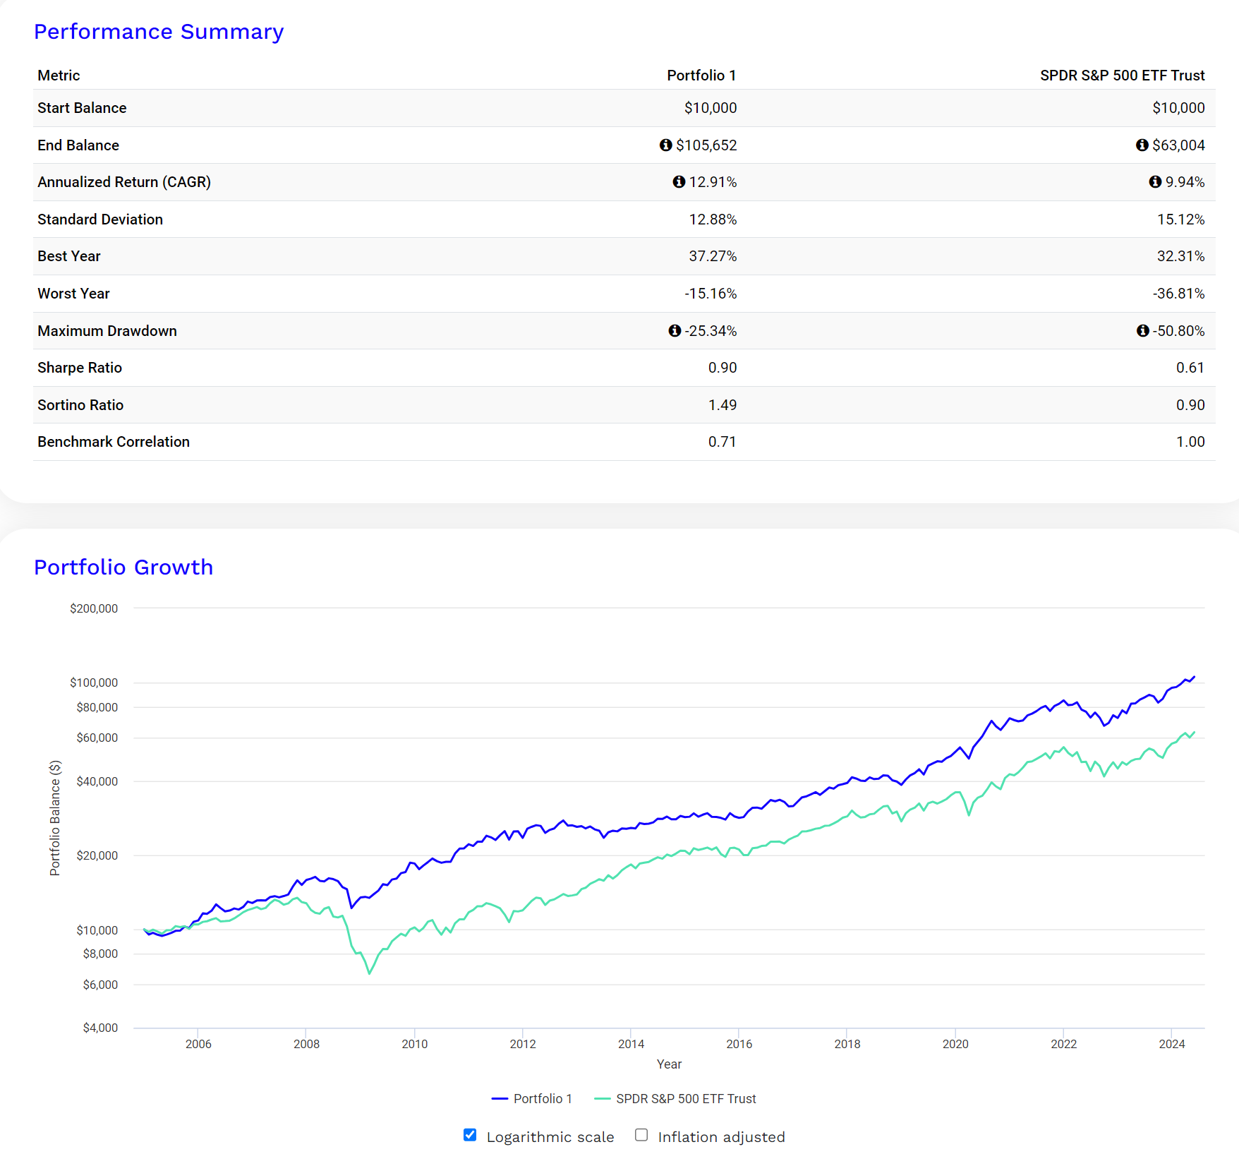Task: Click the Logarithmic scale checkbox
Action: [x=470, y=1135]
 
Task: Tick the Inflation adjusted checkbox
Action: [x=641, y=1135]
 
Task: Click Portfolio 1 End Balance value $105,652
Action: [x=706, y=145]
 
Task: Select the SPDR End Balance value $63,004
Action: [x=1178, y=145]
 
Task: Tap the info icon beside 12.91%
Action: [x=679, y=182]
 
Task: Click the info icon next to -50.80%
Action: [x=1142, y=331]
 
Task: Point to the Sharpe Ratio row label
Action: [x=80, y=368]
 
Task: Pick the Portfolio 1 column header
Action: [x=701, y=76]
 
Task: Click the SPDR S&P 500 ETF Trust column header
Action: [x=1122, y=76]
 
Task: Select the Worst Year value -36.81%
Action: [x=1178, y=294]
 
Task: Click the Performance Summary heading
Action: [x=159, y=32]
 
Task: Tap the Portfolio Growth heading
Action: [x=123, y=567]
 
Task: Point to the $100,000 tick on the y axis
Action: [x=94, y=683]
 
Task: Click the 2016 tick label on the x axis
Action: [x=739, y=1044]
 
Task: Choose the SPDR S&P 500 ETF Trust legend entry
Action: [x=685, y=1099]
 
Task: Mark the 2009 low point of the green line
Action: [x=369, y=974]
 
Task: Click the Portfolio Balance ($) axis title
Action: [x=55, y=818]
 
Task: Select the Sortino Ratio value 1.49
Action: [x=722, y=405]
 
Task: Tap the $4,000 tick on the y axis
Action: [x=100, y=1028]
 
